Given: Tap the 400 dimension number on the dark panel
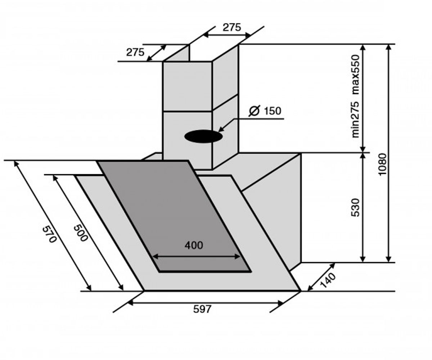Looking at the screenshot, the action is (194, 246).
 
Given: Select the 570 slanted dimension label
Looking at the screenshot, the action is (49, 234).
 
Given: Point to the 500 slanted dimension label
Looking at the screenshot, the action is (81, 233).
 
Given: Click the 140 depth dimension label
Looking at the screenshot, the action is (328, 280).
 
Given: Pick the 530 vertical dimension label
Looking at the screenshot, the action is (356, 207).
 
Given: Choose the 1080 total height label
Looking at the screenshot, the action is (382, 165).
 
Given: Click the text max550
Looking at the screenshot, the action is (356, 75).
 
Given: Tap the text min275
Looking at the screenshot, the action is (356, 120).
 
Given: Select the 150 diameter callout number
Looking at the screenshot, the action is (273, 111).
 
